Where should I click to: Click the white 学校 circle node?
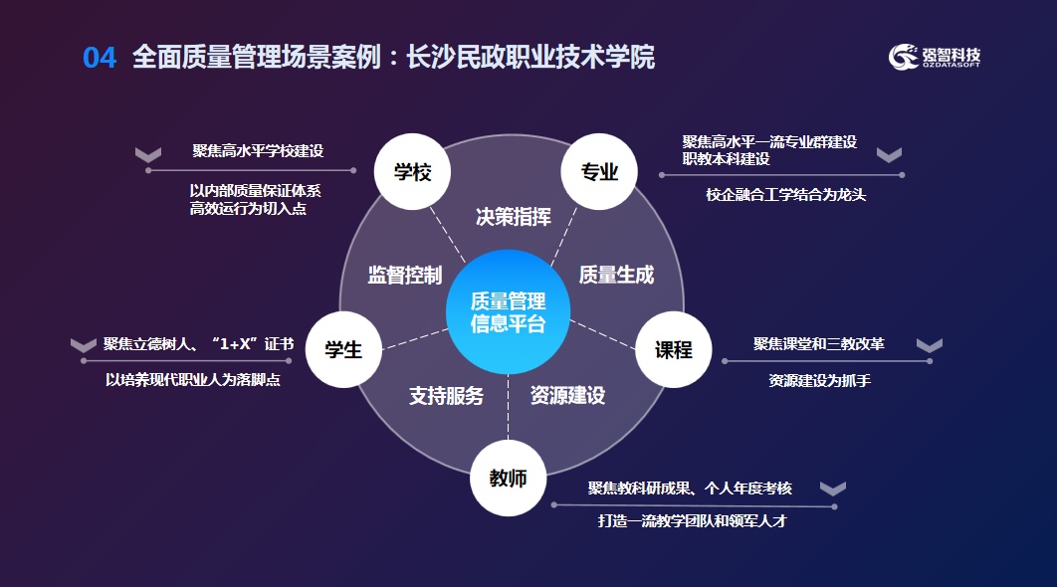(x=412, y=172)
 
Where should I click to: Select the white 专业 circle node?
(x=600, y=172)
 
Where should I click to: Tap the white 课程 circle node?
(x=673, y=349)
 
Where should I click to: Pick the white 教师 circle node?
(x=508, y=479)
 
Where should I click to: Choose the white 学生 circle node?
(x=343, y=349)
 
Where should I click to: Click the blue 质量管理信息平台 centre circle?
(x=508, y=312)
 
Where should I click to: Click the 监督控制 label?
(x=404, y=276)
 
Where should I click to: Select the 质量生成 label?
(x=616, y=276)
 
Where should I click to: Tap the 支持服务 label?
(x=446, y=395)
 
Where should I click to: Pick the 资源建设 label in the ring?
(x=567, y=395)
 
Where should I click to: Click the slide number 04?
(x=100, y=58)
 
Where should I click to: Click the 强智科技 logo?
(x=935, y=57)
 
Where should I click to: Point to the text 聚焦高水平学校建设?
(x=258, y=151)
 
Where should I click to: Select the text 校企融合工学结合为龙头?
(x=786, y=195)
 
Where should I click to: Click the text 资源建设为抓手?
(x=819, y=380)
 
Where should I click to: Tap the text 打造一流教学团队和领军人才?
(x=692, y=520)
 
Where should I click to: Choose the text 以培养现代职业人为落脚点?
(x=193, y=379)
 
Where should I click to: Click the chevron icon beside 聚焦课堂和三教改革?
(x=929, y=345)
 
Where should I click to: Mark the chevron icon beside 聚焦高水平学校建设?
(x=148, y=154)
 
